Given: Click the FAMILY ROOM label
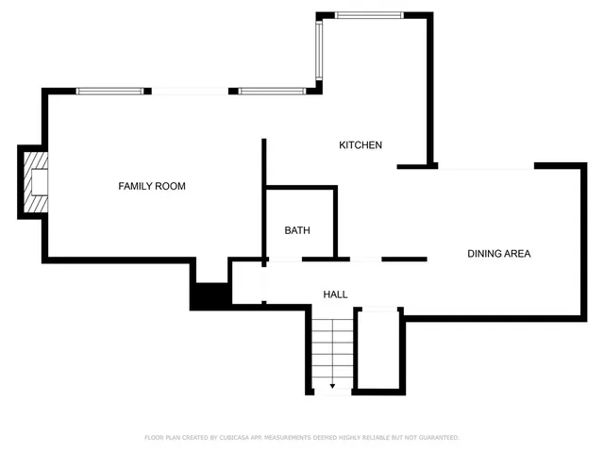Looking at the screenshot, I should pos(151,186).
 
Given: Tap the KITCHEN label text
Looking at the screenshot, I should pos(361,145).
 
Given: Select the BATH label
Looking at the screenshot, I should pos(297,230).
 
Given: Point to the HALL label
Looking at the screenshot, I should pos(335,295).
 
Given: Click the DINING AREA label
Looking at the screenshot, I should pos(499,254).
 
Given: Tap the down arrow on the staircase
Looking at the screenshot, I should pos(332,386).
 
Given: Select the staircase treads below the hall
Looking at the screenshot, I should pos(332,349).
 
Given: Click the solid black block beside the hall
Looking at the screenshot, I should pos(210,295).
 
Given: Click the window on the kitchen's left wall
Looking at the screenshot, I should pos(320,52).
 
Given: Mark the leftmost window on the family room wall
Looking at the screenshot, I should pos(110,92).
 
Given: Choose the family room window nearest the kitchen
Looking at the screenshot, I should pos(271,92).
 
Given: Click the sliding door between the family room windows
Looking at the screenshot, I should pos(190,92).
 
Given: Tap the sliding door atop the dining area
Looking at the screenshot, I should pos(486,167).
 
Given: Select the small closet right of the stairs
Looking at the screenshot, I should pos(381,349).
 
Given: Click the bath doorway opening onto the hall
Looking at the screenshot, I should pos(286,259).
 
